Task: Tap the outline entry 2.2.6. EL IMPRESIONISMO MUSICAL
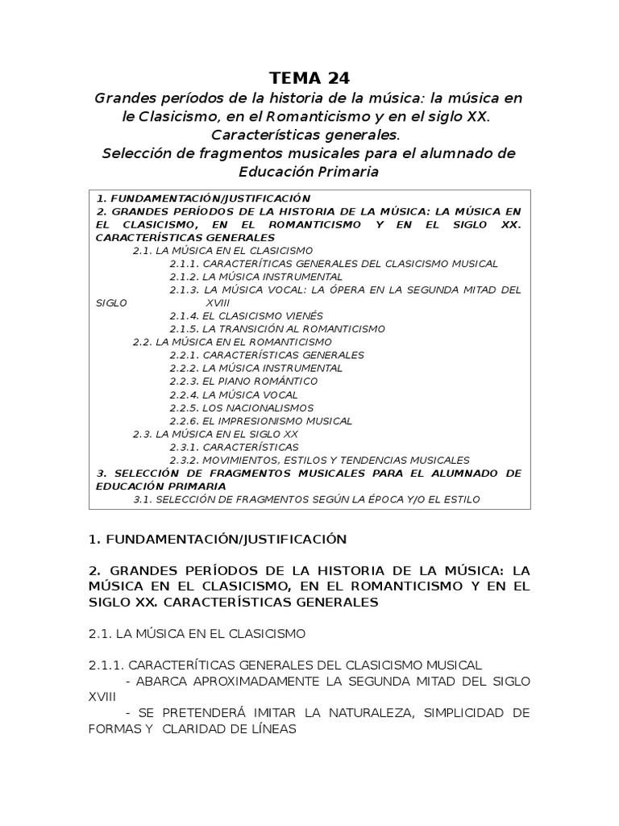[x=260, y=420]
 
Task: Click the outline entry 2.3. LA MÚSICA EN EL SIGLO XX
[x=215, y=434]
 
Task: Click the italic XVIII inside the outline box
[x=218, y=302]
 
